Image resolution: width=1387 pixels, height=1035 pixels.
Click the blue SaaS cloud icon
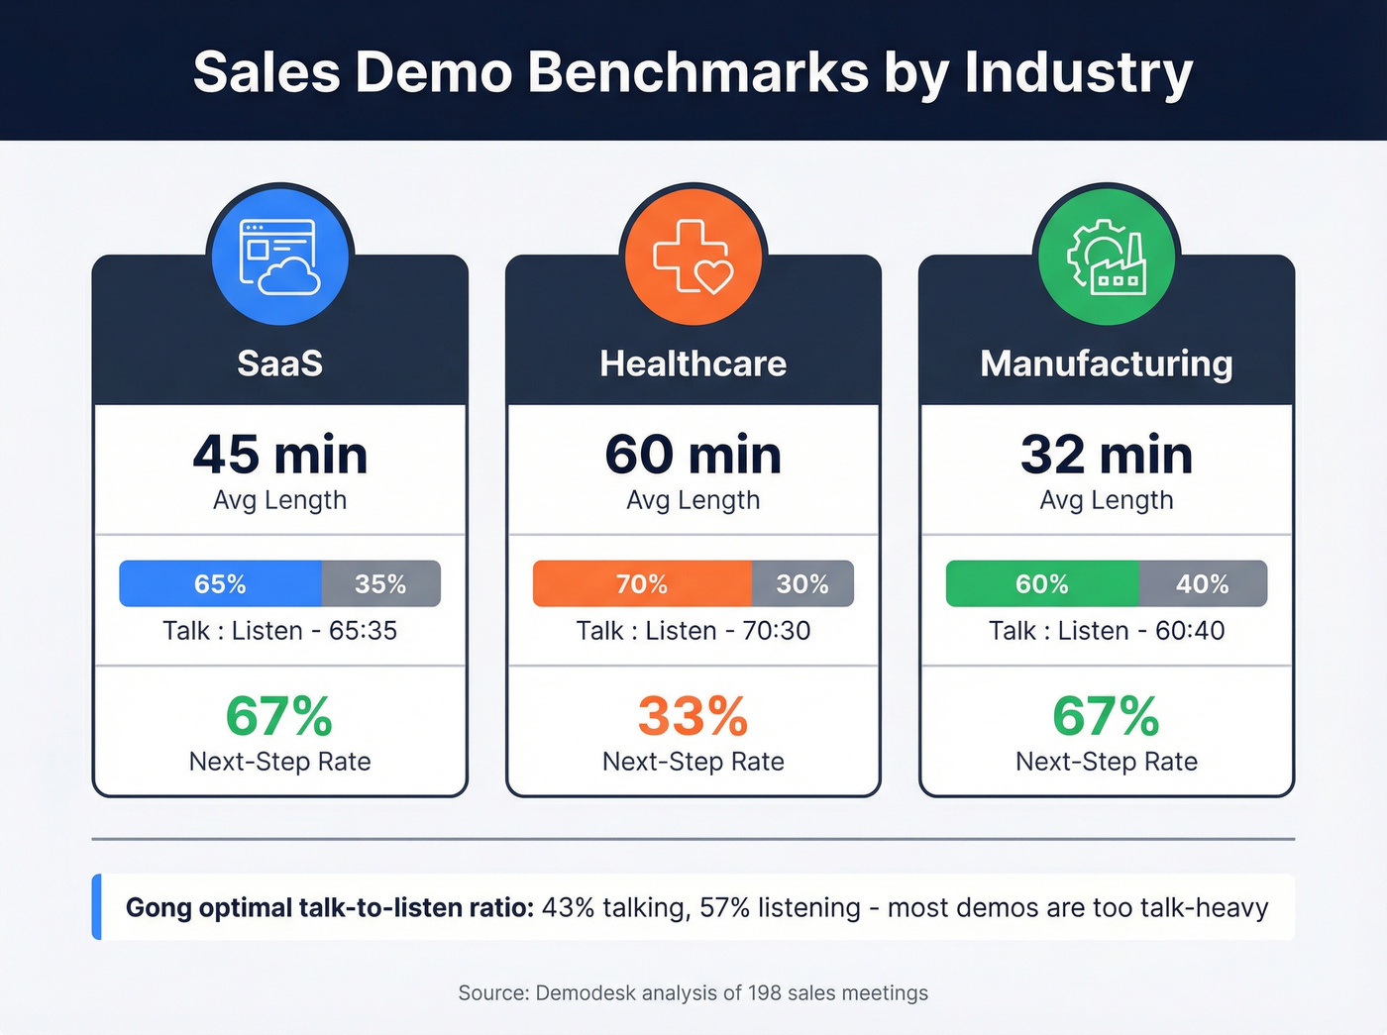(x=279, y=256)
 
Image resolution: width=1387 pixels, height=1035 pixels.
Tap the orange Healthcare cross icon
(x=693, y=256)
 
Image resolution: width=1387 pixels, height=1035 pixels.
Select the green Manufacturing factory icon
(x=1106, y=256)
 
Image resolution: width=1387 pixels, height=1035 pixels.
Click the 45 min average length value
(x=280, y=455)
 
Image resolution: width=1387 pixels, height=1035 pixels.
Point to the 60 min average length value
(x=693, y=455)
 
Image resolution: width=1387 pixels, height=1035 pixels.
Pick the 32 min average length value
(x=1107, y=455)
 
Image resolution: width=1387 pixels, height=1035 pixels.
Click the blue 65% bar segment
(x=220, y=583)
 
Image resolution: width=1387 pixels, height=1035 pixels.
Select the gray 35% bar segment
(x=380, y=583)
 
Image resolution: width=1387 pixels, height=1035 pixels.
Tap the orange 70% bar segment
(x=641, y=583)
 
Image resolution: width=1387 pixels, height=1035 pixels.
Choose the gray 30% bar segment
(x=802, y=583)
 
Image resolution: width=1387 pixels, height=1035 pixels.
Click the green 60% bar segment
(x=1041, y=583)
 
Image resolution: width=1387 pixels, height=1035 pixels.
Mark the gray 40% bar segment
(x=1203, y=583)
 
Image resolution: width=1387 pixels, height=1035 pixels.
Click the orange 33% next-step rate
(x=693, y=716)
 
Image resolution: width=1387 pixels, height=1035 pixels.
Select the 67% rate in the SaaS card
(x=279, y=716)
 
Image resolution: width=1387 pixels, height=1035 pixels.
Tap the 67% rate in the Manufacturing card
(x=1106, y=716)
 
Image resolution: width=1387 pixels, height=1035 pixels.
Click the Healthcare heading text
(x=693, y=363)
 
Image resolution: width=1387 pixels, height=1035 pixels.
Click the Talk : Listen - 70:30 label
(x=693, y=631)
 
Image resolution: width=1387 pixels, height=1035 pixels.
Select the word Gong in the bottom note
(x=160, y=908)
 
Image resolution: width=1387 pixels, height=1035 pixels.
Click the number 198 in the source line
(x=765, y=993)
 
